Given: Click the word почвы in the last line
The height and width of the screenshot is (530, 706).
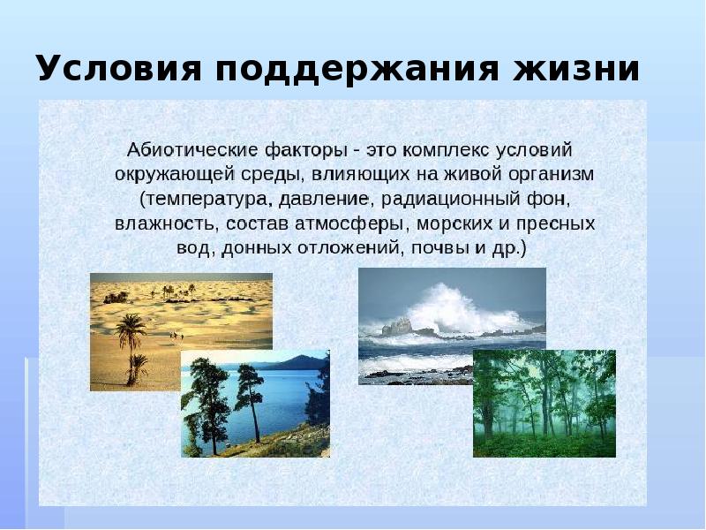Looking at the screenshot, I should (439, 247).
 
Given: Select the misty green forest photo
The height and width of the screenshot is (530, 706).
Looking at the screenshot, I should (544, 403).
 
